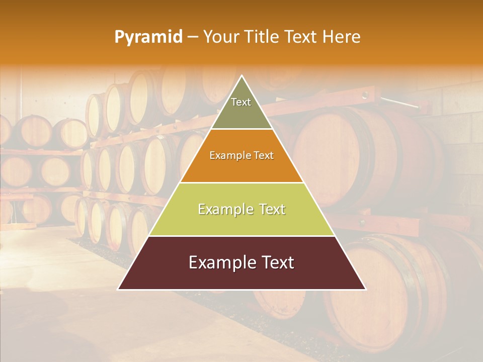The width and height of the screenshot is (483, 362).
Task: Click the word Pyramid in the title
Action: (148, 37)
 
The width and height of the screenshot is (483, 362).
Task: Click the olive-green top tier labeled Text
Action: (241, 108)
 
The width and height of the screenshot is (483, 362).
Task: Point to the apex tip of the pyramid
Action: (242, 76)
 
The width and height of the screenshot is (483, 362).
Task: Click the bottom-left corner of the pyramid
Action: (119, 289)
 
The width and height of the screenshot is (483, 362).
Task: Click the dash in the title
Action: (192, 37)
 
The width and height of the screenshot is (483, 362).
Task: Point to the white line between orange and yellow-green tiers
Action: (242, 183)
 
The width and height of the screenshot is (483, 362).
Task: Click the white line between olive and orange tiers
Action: (242, 129)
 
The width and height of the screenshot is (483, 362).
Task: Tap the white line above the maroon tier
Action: (242, 236)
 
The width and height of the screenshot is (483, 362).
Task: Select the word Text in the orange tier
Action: (264, 156)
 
